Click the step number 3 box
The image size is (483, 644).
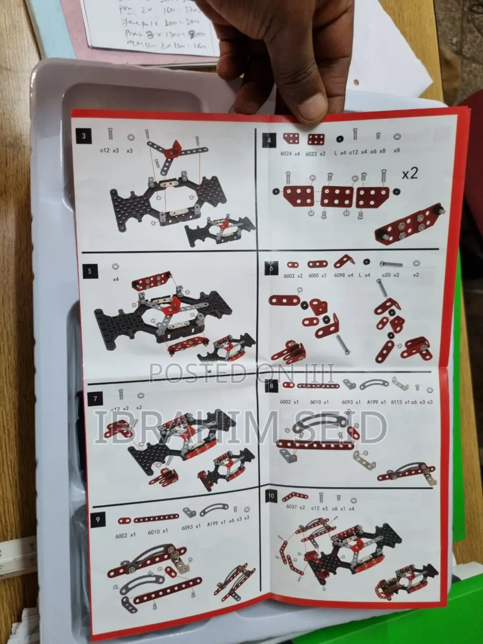[x=84, y=136]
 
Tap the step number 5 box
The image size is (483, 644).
[x=89, y=271]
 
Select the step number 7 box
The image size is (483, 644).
[x=95, y=399]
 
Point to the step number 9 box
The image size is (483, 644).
[x=97, y=520]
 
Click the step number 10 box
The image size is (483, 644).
[x=271, y=495]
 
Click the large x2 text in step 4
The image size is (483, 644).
[x=409, y=173]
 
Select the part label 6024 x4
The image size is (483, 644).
[x=291, y=154]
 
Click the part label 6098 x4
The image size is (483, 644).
[x=343, y=275]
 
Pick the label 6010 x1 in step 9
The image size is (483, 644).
[x=157, y=532]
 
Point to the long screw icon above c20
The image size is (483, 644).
[x=391, y=264]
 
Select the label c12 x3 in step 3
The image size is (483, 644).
[x=109, y=151]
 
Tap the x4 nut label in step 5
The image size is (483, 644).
[x=116, y=279]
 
